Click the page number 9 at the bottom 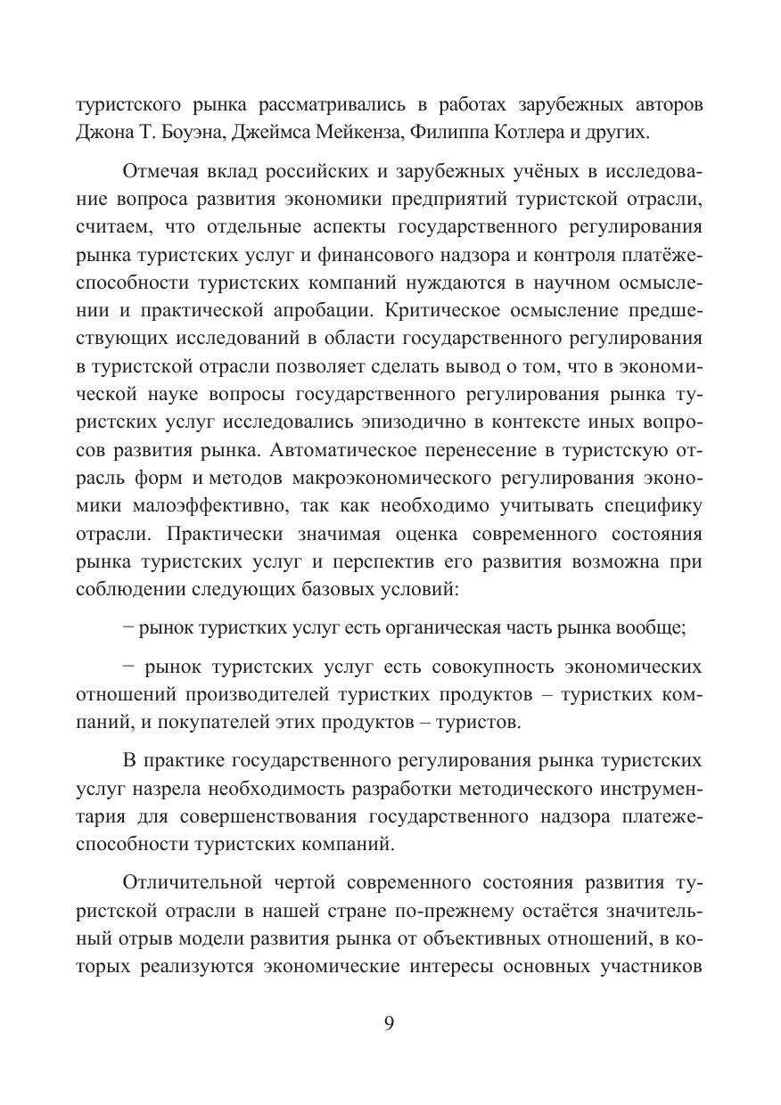(389, 1023)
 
